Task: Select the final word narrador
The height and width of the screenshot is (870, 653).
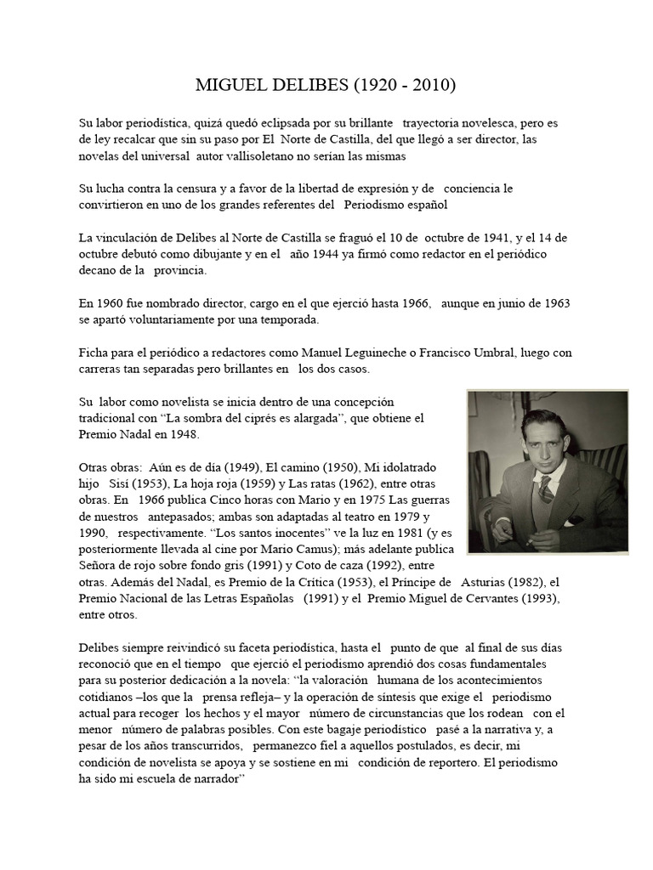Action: pyautogui.click(x=206, y=778)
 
